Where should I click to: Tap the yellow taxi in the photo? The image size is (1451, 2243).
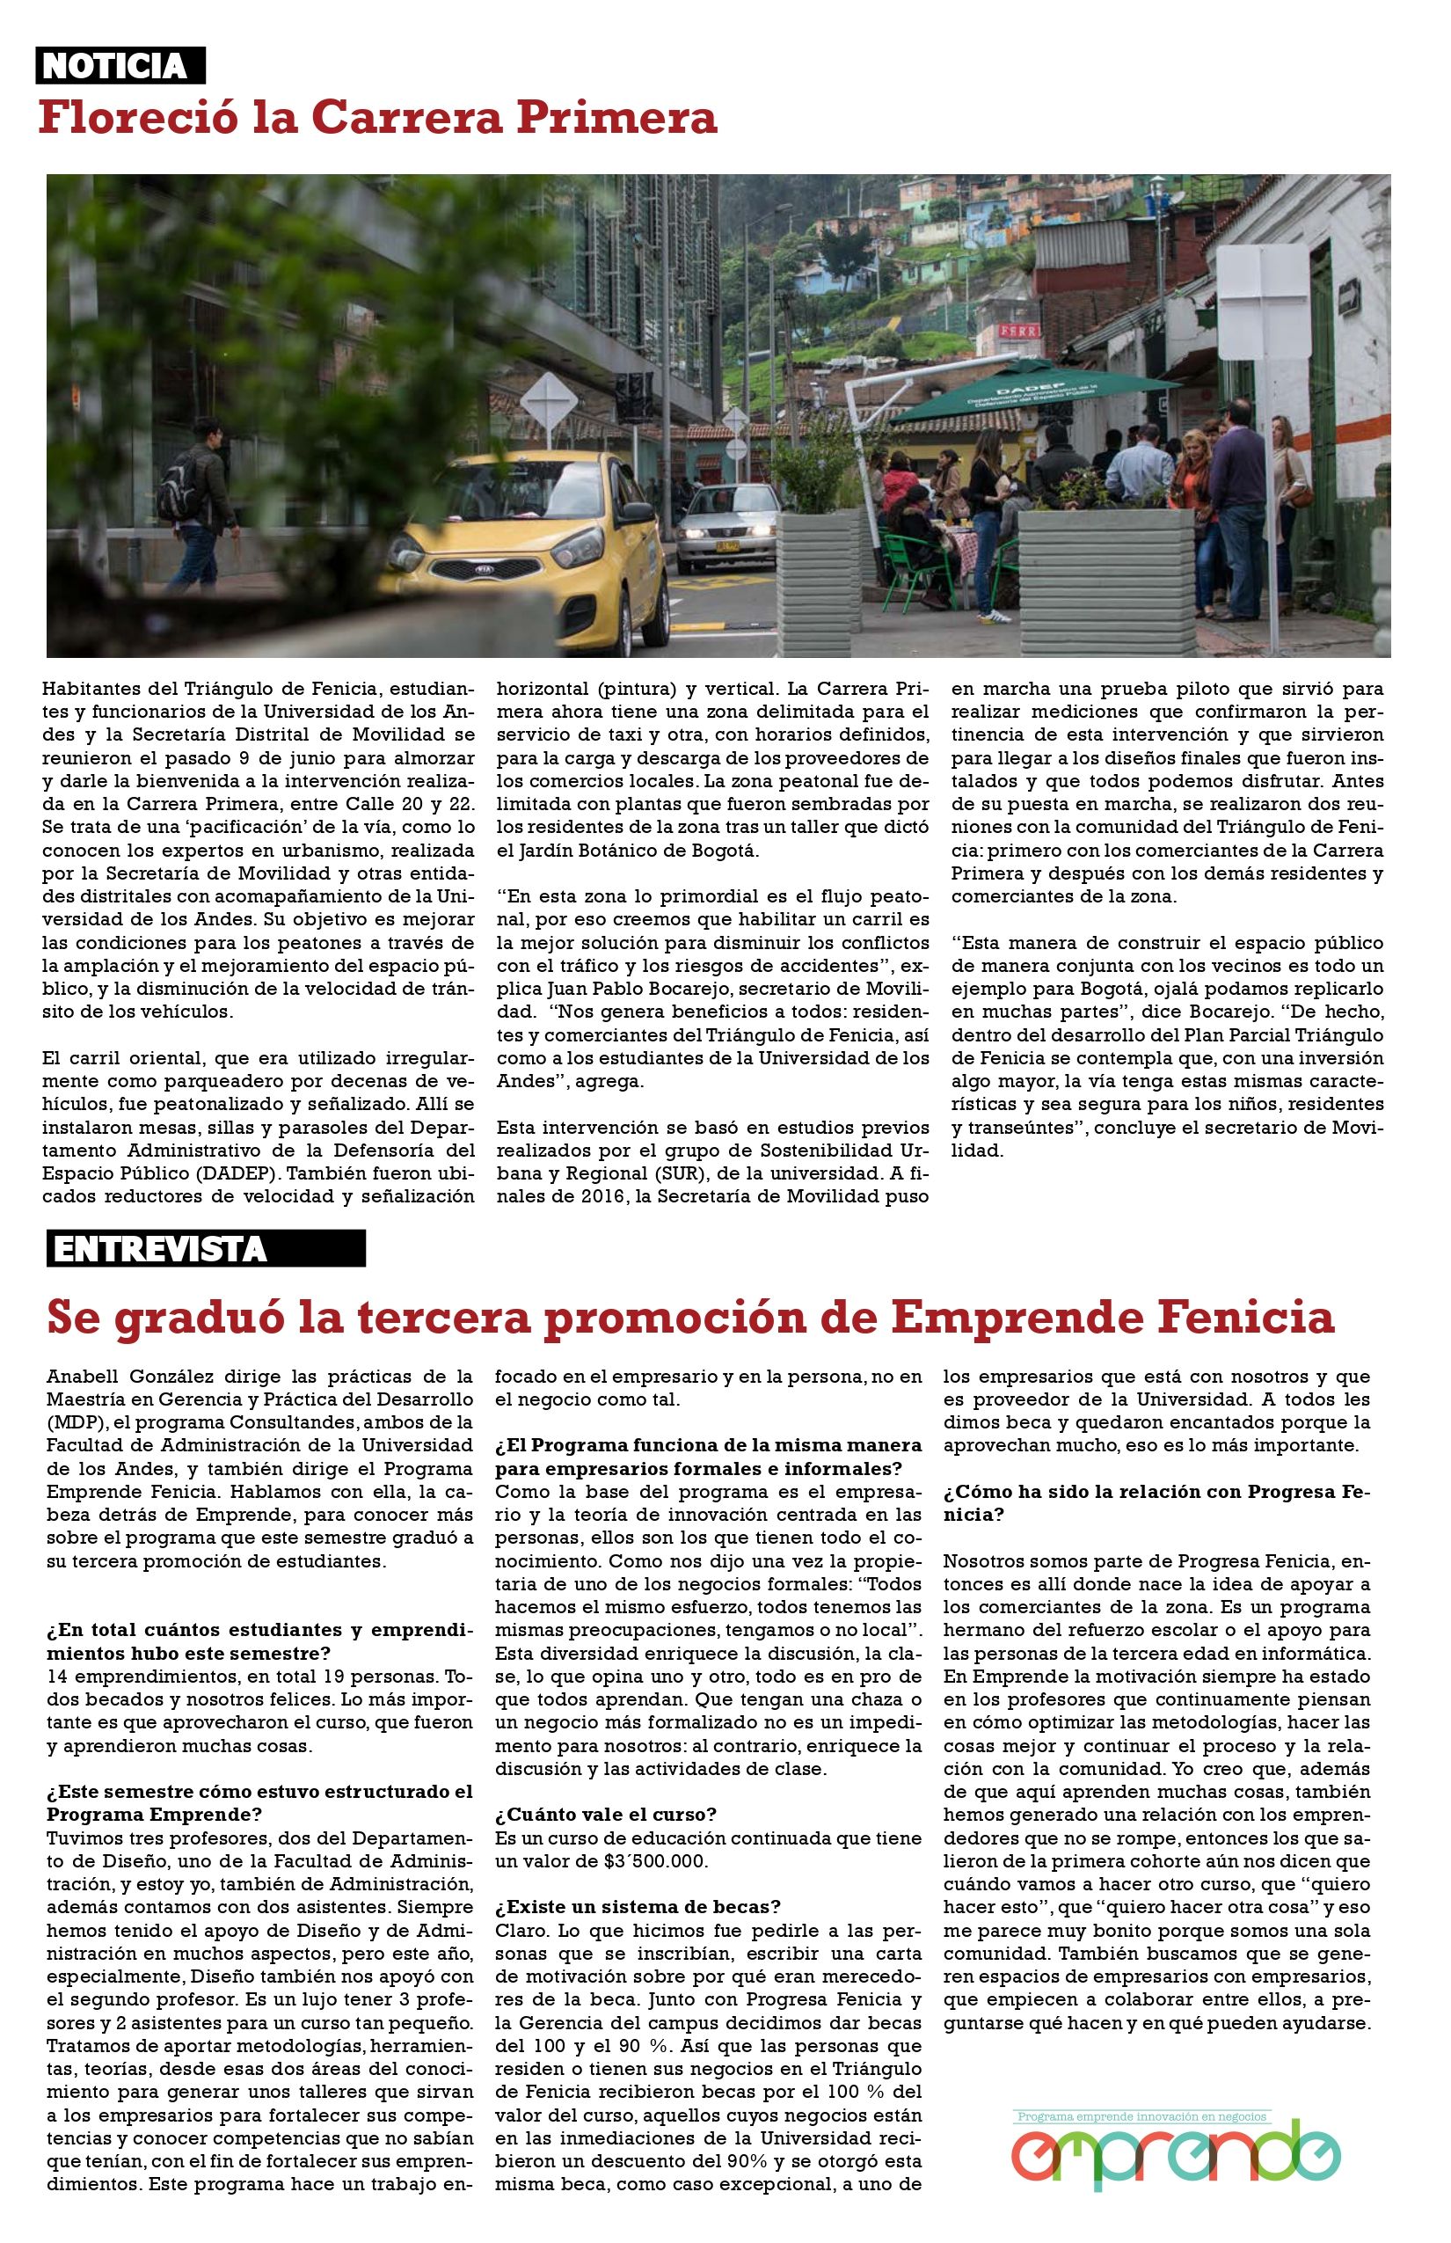click(x=537, y=542)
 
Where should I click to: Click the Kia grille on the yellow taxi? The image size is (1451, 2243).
click(x=485, y=570)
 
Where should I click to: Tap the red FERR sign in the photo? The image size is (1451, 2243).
click(x=1018, y=331)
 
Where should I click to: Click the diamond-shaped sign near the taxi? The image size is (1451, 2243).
click(x=549, y=400)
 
